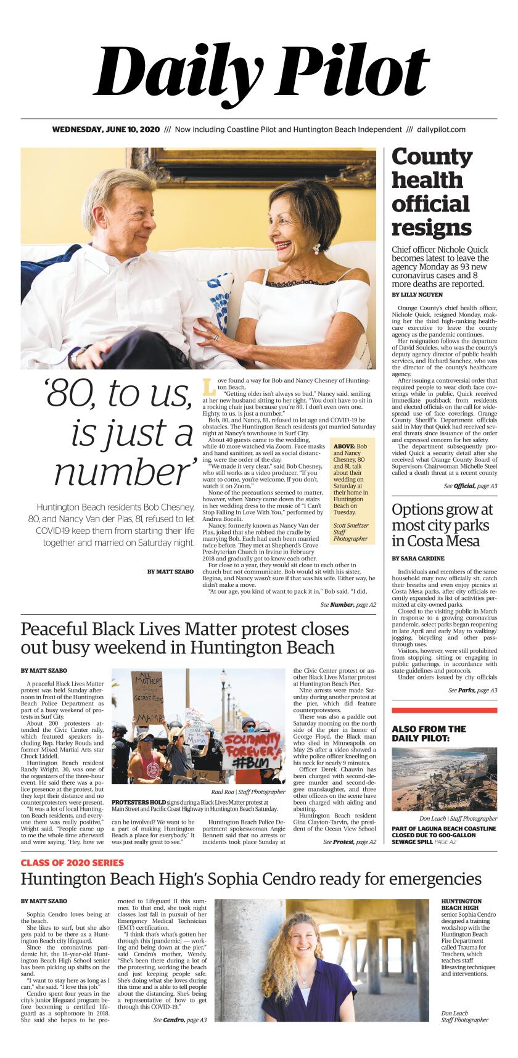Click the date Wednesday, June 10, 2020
click(x=105, y=129)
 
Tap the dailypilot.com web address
click(x=441, y=129)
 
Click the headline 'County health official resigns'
click(x=432, y=192)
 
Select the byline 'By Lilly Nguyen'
click(x=417, y=295)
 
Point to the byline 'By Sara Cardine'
click(x=417, y=559)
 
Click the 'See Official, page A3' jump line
click(x=471, y=486)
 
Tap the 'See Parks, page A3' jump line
click(x=472, y=691)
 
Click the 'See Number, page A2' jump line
click(x=348, y=605)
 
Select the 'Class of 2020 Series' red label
click(x=72, y=863)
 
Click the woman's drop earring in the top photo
click(x=317, y=249)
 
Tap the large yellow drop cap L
click(x=209, y=387)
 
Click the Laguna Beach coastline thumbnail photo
click(x=444, y=778)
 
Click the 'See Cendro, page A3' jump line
click(x=179, y=1020)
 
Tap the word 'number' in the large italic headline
click(x=121, y=474)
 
